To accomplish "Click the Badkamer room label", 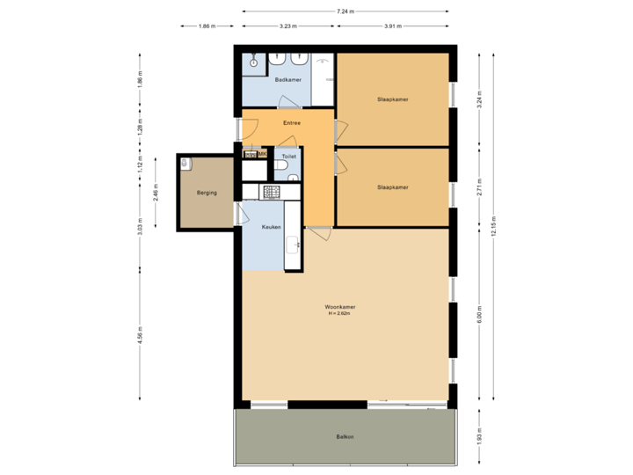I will pos(287,80).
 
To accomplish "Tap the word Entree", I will pos(291,123).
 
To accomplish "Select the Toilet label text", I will pos(288,156).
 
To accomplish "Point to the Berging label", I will pos(207,192).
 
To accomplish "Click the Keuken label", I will pos(271,227).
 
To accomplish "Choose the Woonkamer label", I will pos(339,307).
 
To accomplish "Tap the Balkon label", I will pos(345,436).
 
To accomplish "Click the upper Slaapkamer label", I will pos(392,99).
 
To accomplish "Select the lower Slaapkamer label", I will pos(392,187).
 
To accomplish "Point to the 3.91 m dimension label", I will pos(392,26).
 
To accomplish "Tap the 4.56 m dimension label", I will pos(140,335).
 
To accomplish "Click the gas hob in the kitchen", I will pos(271,191).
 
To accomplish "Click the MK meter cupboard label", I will pos(262,155).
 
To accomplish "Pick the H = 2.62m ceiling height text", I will pos(339,314).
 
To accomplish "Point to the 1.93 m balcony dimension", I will pos(479,436).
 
